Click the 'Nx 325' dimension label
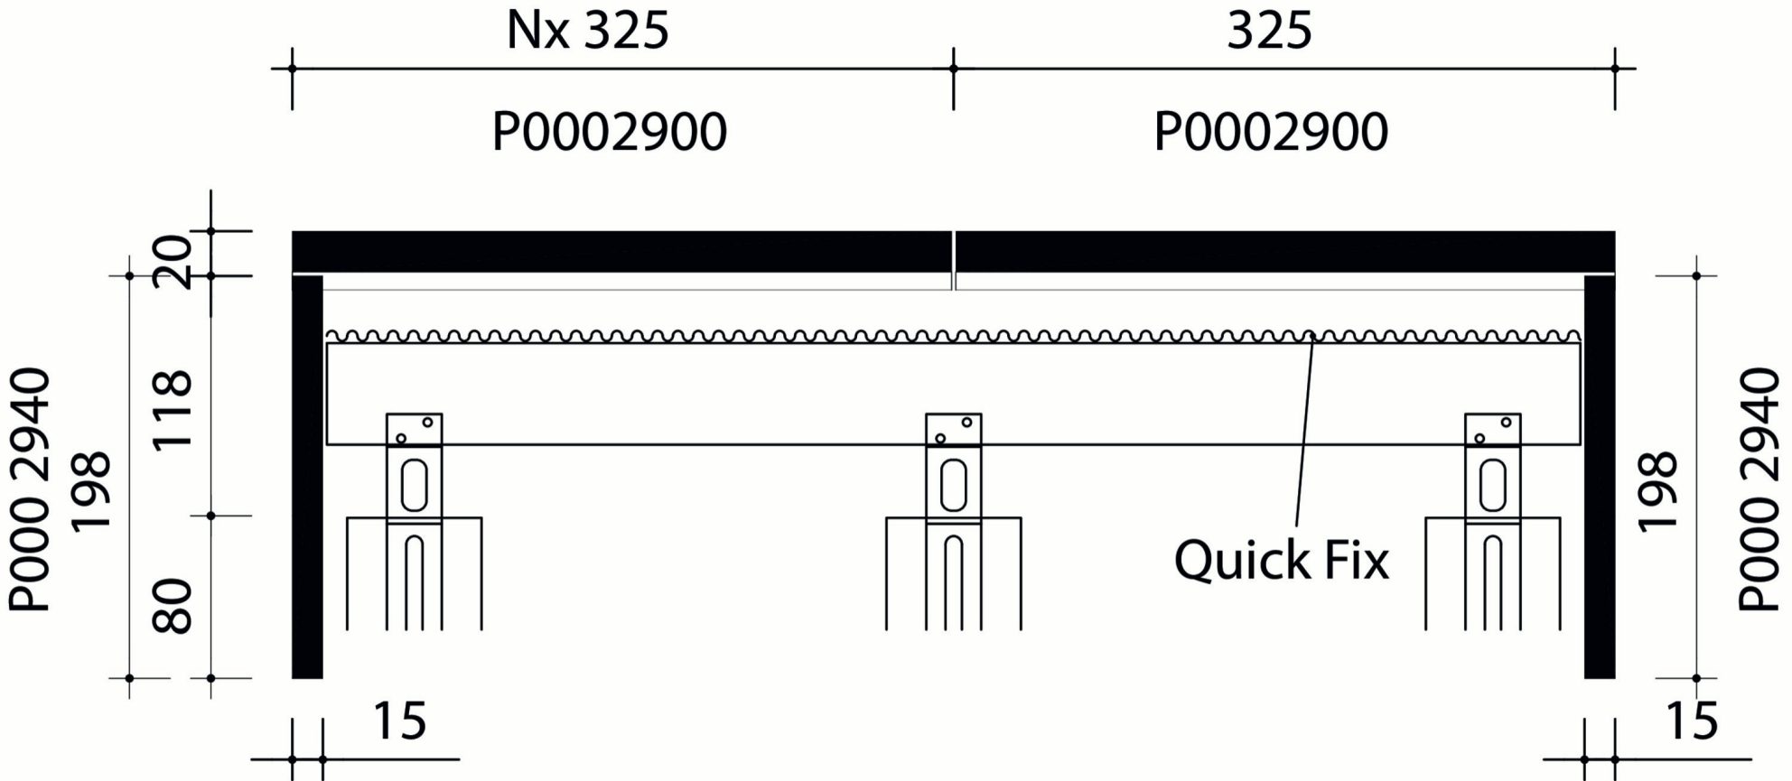point(587,31)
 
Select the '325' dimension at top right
point(1268,31)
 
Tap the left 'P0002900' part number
point(609,132)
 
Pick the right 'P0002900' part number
point(1271,132)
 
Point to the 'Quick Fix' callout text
point(1281,560)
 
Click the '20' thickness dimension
point(172,261)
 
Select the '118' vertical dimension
point(172,409)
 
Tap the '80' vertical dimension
point(172,606)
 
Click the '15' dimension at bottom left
point(399,721)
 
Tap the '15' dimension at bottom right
point(1691,721)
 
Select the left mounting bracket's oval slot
point(415,485)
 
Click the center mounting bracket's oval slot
point(953,485)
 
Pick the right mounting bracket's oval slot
point(1492,485)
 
